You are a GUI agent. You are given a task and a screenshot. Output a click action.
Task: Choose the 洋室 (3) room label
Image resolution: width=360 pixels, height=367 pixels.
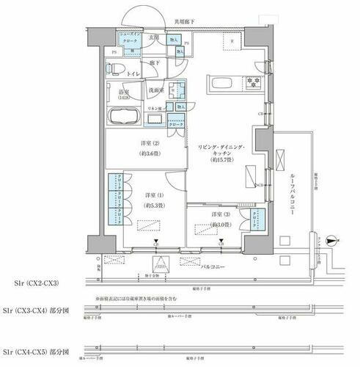tap(211, 218)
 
